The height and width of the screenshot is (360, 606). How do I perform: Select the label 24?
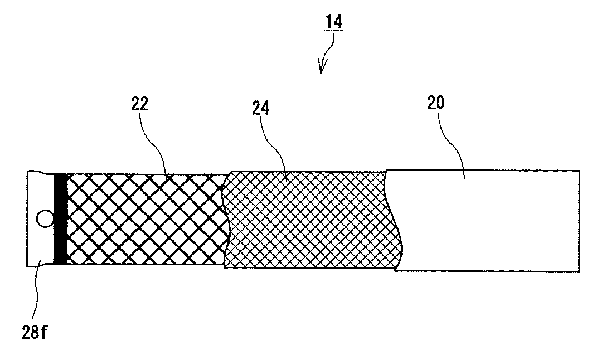259,108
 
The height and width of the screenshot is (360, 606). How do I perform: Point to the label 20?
437,104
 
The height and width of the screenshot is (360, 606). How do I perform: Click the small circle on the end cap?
42,218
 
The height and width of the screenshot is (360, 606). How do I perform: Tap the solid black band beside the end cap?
60,218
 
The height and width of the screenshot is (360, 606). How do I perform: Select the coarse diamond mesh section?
145,218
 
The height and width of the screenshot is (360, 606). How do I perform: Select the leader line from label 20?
454,142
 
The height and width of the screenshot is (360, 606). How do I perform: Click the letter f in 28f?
49,333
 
